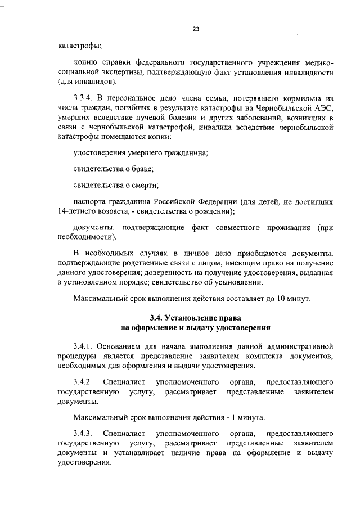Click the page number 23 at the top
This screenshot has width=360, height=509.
(x=196, y=29)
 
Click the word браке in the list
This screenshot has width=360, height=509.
(x=143, y=169)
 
